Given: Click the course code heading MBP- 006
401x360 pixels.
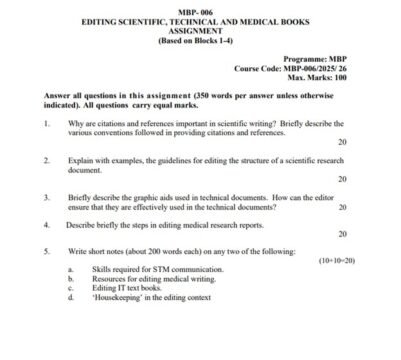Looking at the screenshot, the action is pyautogui.click(x=199, y=7).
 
